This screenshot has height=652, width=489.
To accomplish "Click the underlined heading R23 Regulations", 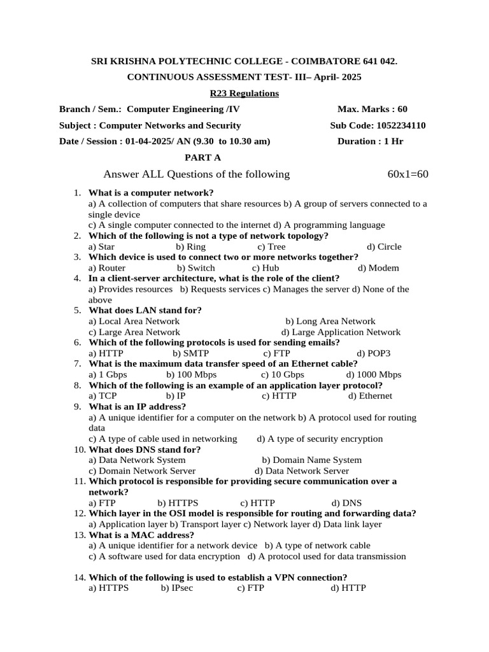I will pyautogui.click(x=244, y=94).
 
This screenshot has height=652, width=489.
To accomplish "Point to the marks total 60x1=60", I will pyautogui.click(x=408, y=174).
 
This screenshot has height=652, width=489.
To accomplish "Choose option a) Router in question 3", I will pyautogui.click(x=107, y=268).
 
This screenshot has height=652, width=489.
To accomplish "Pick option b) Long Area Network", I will pyautogui.click(x=330, y=322).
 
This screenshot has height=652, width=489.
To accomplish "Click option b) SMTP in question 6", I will pyautogui.click(x=190, y=353).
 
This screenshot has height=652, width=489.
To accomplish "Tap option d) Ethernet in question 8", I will pyautogui.click(x=370, y=396).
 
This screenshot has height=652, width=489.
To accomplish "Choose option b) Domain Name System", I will pyautogui.click(x=311, y=460).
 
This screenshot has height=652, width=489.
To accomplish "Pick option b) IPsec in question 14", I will pyautogui.click(x=177, y=588).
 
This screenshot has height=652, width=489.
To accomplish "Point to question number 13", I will pyautogui.click(x=80, y=535).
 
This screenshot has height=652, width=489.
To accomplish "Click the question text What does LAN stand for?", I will pyautogui.click(x=145, y=310).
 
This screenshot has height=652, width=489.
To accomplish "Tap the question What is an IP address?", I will pyautogui.click(x=137, y=406).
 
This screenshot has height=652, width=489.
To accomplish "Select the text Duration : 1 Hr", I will pyautogui.click(x=370, y=141).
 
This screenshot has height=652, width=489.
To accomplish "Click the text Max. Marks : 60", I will pyautogui.click(x=372, y=109).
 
